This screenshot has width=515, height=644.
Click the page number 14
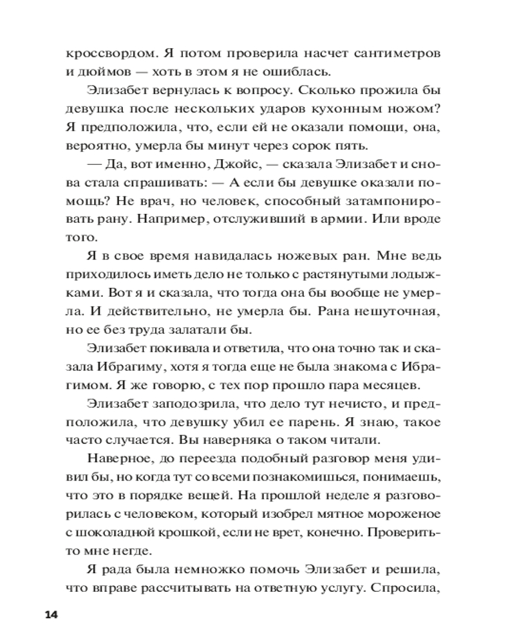[51, 614]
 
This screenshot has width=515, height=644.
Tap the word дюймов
[105, 72]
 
